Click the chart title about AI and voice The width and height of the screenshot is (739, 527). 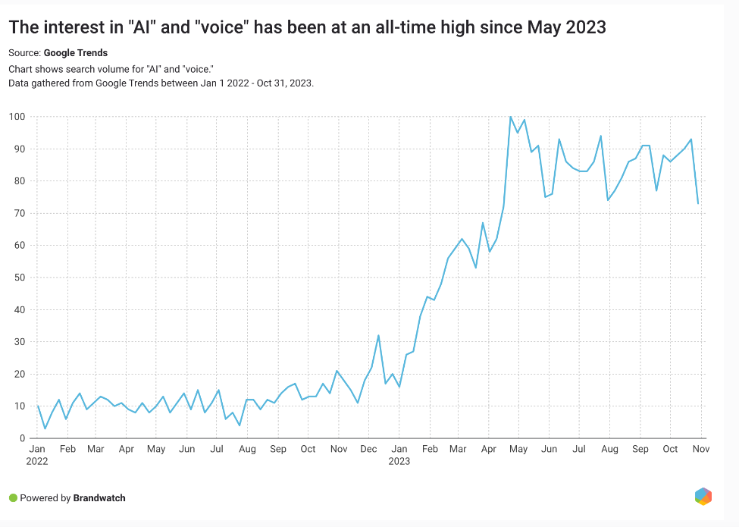[x=307, y=28]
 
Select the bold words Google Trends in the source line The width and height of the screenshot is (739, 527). [x=76, y=53]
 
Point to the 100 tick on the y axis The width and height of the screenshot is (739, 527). [x=17, y=117]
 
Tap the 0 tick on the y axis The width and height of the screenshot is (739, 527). [x=23, y=438]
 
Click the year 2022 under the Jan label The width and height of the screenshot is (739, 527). [x=36, y=460]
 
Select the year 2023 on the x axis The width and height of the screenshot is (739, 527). [x=399, y=460]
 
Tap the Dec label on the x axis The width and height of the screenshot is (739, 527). [x=369, y=449]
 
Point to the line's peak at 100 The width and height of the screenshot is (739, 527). [x=510, y=117]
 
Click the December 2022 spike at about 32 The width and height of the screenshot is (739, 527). [x=378, y=335]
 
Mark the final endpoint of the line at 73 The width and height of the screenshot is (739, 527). [x=698, y=203]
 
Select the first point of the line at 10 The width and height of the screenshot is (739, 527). [x=38, y=406]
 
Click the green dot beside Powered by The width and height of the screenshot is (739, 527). [x=13, y=498]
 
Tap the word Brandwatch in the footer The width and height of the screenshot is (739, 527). [x=99, y=498]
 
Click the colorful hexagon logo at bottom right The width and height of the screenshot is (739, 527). [x=703, y=497]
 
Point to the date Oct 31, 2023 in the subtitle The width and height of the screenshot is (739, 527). [x=285, y=83]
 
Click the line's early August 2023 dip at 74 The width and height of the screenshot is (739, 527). [x=608, y=200]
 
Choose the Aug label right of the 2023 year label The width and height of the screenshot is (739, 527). [x=609, y=449]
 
